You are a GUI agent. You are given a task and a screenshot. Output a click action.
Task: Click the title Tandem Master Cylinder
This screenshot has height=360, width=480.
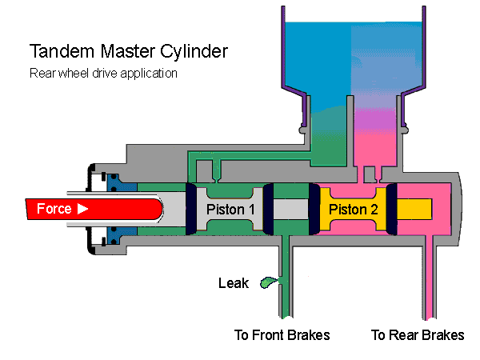(x=129, y=52)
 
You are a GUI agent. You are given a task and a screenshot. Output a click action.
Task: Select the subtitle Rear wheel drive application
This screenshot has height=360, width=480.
(x=103, y=74)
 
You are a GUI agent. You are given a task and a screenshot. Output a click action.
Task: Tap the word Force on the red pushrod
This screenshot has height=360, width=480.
(x=54, y=210)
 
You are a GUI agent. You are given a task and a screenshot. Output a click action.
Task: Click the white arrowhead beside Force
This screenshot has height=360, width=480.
(x=82, y=210)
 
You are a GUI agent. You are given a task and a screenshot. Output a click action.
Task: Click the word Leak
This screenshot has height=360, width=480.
(x=234, y=282)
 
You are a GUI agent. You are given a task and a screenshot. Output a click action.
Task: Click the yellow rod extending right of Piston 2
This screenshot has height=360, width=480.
(x=416, y=210)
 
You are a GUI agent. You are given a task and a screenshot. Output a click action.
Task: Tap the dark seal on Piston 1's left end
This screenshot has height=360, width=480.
(x=191, y=210)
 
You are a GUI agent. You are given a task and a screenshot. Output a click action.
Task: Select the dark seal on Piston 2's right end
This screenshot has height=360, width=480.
(x=392, y=210)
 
